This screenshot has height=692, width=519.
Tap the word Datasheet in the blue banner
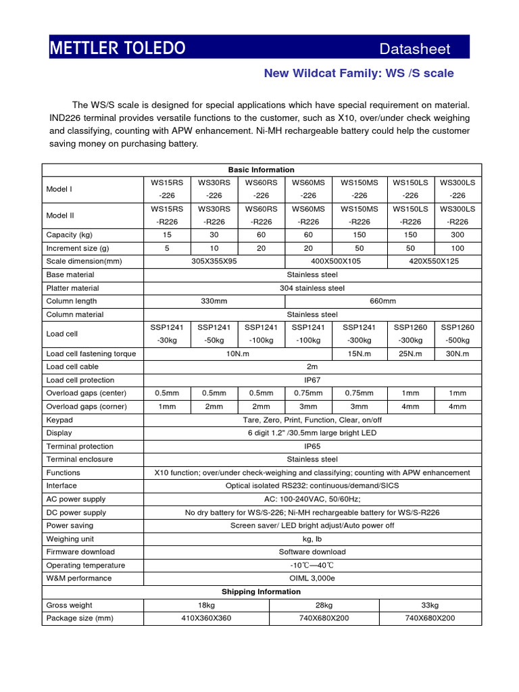click(x=414, y=49)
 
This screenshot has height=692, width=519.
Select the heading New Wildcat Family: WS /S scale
click(x=358, y=73)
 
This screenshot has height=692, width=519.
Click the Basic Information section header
click(x=262, y=170)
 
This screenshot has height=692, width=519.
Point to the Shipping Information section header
click(x=262, y=591)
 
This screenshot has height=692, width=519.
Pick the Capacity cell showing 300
click(x=458, y=236)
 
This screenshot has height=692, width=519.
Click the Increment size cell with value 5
click(x=167, y=249)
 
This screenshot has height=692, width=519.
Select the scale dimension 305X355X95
click(x=214, y=262)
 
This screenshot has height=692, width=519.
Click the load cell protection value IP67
click(x=312, y=380)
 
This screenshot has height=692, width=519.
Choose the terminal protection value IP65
click(x=312, y=446)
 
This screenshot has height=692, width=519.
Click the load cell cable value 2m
click(x=312, y=366)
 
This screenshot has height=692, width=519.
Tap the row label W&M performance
click(x=78, y=578)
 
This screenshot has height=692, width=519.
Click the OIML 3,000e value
click(x=312, y=578)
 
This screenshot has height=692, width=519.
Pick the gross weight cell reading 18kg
click(x=206, y=605)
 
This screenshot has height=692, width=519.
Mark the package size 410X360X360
click(x=206, y=618)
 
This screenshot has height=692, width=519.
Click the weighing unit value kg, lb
click(x=312, y=539)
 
